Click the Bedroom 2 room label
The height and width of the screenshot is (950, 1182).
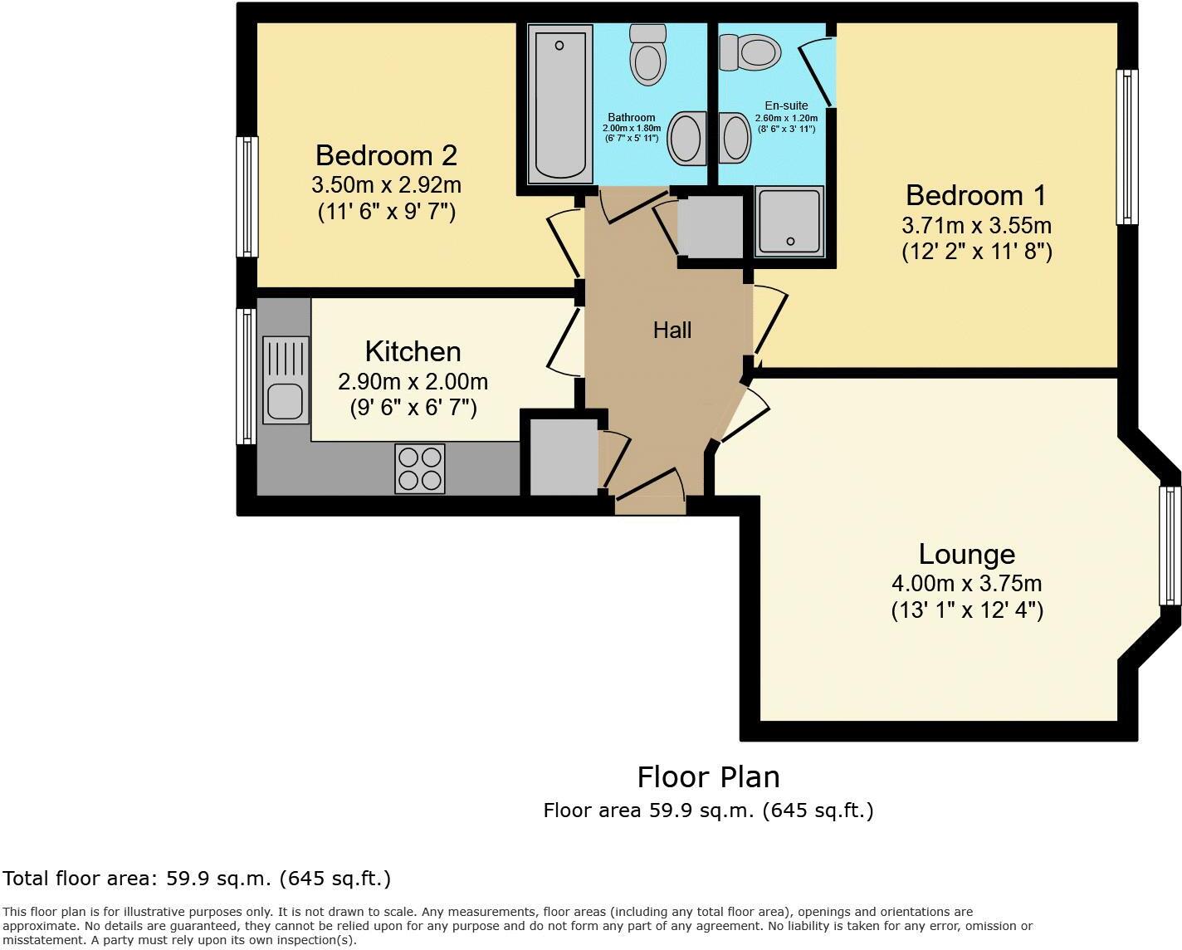386,155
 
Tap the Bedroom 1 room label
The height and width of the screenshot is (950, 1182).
976,195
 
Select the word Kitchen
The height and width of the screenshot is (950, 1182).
413,351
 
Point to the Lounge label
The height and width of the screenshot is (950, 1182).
967,554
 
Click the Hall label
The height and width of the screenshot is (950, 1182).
672,331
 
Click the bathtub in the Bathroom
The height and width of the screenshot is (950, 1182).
560,103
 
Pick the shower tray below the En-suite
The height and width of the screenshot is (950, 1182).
789,220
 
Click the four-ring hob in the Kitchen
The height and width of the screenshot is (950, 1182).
420,468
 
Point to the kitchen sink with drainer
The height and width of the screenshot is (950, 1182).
286,378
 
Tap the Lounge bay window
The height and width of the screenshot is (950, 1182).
1170,546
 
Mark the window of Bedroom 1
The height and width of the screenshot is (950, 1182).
1126,147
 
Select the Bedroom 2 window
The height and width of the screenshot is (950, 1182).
247,197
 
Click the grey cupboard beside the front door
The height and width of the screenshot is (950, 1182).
564,458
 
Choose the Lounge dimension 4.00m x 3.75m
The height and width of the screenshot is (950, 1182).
967,583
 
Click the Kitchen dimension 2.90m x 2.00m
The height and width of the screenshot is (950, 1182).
413,381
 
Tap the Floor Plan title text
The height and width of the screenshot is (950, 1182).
708,777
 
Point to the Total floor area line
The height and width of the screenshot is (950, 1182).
197,879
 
